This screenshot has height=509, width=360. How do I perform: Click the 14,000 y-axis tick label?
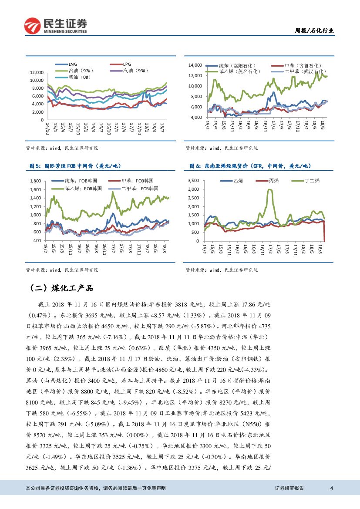195,65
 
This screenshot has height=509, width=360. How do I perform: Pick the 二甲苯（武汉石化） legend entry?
304,71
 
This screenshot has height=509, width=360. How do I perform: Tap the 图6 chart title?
251,166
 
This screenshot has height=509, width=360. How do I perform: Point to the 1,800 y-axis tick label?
36,181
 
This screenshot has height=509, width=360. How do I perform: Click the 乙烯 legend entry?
238,180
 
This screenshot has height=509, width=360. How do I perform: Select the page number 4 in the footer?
332,488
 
